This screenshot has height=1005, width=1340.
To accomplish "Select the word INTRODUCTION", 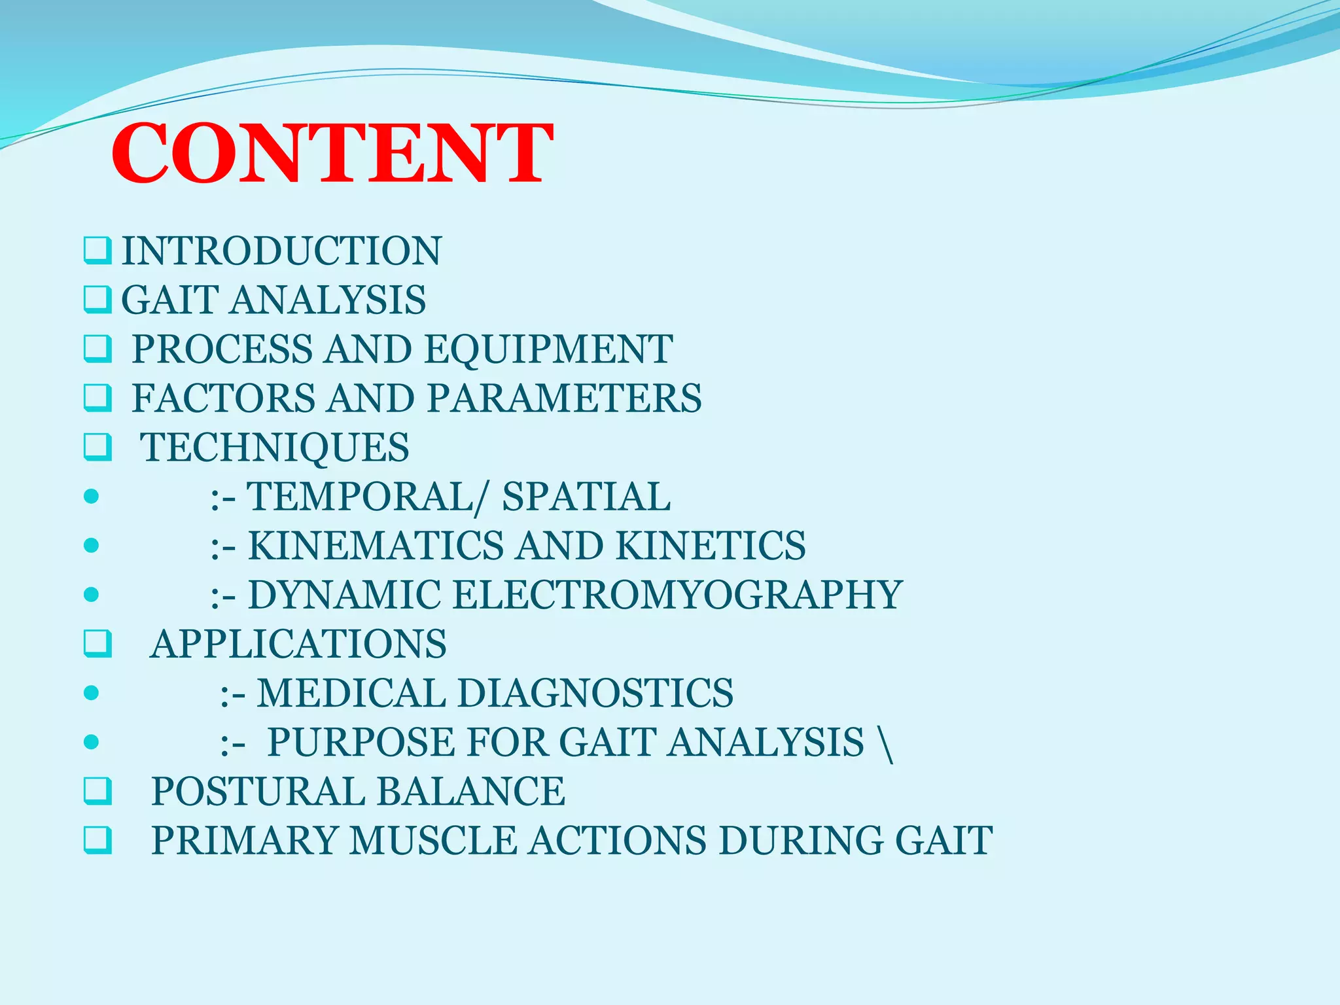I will [282, 251].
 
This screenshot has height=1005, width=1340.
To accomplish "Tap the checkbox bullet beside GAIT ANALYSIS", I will [97, 300].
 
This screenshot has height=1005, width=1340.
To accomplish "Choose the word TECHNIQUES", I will [275, 448].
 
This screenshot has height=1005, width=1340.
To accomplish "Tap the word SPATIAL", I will [586, 497].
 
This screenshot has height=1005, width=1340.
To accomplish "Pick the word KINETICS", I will [711, 546].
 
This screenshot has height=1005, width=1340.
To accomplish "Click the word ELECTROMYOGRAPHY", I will [677, 595].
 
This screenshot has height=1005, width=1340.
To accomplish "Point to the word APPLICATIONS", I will [299, 644].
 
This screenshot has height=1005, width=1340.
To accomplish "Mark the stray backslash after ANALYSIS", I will [887, 743].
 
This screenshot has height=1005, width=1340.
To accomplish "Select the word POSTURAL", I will [258, 791].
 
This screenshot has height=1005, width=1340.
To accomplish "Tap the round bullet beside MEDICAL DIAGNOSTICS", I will [92, 693].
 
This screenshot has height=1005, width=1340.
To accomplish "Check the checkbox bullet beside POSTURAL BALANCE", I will [97, 791].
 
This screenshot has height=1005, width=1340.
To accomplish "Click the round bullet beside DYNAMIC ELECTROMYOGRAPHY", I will [92, 595].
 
